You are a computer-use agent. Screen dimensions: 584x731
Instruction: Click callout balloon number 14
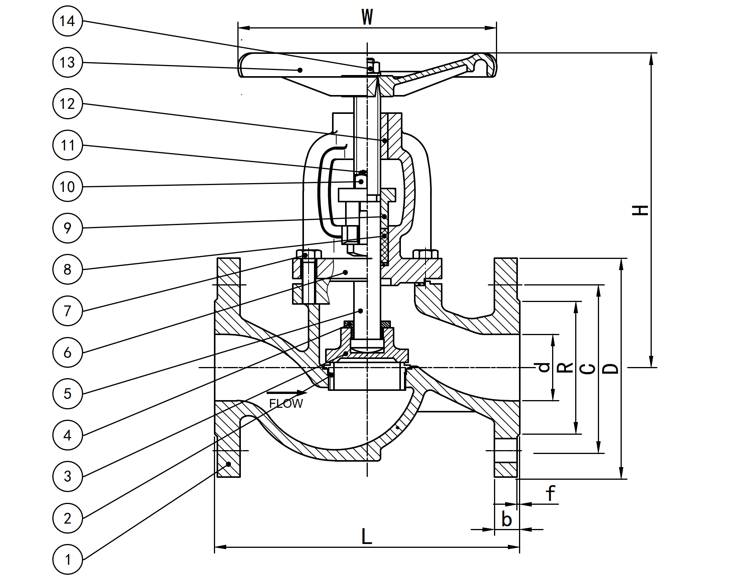coord(67,21)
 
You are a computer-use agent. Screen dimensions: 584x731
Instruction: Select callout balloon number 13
coord(67,62)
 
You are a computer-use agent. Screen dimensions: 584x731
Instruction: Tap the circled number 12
coord(67,104)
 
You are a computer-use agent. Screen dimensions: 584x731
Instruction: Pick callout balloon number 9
coord(67,228)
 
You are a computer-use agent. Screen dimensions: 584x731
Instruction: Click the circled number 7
coord(67,311)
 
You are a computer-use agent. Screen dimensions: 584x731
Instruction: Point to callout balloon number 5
coord(67,394)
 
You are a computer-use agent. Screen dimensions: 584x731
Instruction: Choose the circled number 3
coord(67,477)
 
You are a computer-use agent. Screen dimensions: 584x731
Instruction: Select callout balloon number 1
coord(67,559)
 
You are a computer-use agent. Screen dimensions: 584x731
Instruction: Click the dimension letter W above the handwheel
coord(367,17)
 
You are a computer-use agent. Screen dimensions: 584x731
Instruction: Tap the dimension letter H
coord(641,210)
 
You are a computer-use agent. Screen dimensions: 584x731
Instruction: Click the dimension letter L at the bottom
coord(367,536)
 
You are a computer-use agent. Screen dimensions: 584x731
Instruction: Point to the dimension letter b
coord(507,520)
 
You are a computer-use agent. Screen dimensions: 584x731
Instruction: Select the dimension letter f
coord(551,494)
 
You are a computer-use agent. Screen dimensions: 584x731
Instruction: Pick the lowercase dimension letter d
coord(544,367)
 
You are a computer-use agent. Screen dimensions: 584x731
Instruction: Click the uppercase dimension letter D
coord(611,369)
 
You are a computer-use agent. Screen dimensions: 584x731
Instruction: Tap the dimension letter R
coord(565,368)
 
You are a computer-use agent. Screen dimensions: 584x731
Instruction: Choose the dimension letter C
coord(587,369)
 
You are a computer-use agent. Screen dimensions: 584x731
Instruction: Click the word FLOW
coord(286,404)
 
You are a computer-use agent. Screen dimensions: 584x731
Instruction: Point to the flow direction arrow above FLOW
coord(287,393)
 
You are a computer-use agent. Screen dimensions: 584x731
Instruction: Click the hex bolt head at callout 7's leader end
coord(309,254)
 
